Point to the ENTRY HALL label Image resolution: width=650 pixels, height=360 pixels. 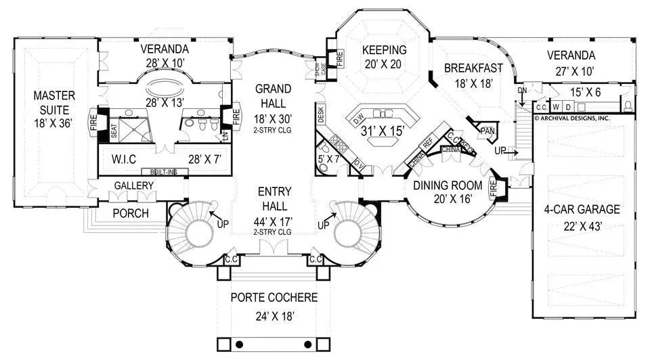[x=274, y=198]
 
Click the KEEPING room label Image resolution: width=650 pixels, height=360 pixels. [x=384, y=50]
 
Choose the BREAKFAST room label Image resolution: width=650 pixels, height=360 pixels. [x=473, y=68]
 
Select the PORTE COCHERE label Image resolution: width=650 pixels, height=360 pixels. [x=274, y=297]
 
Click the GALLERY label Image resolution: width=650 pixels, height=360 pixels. [x=133, y=185]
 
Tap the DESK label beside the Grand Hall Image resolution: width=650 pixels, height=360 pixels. [x=320, y=116]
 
